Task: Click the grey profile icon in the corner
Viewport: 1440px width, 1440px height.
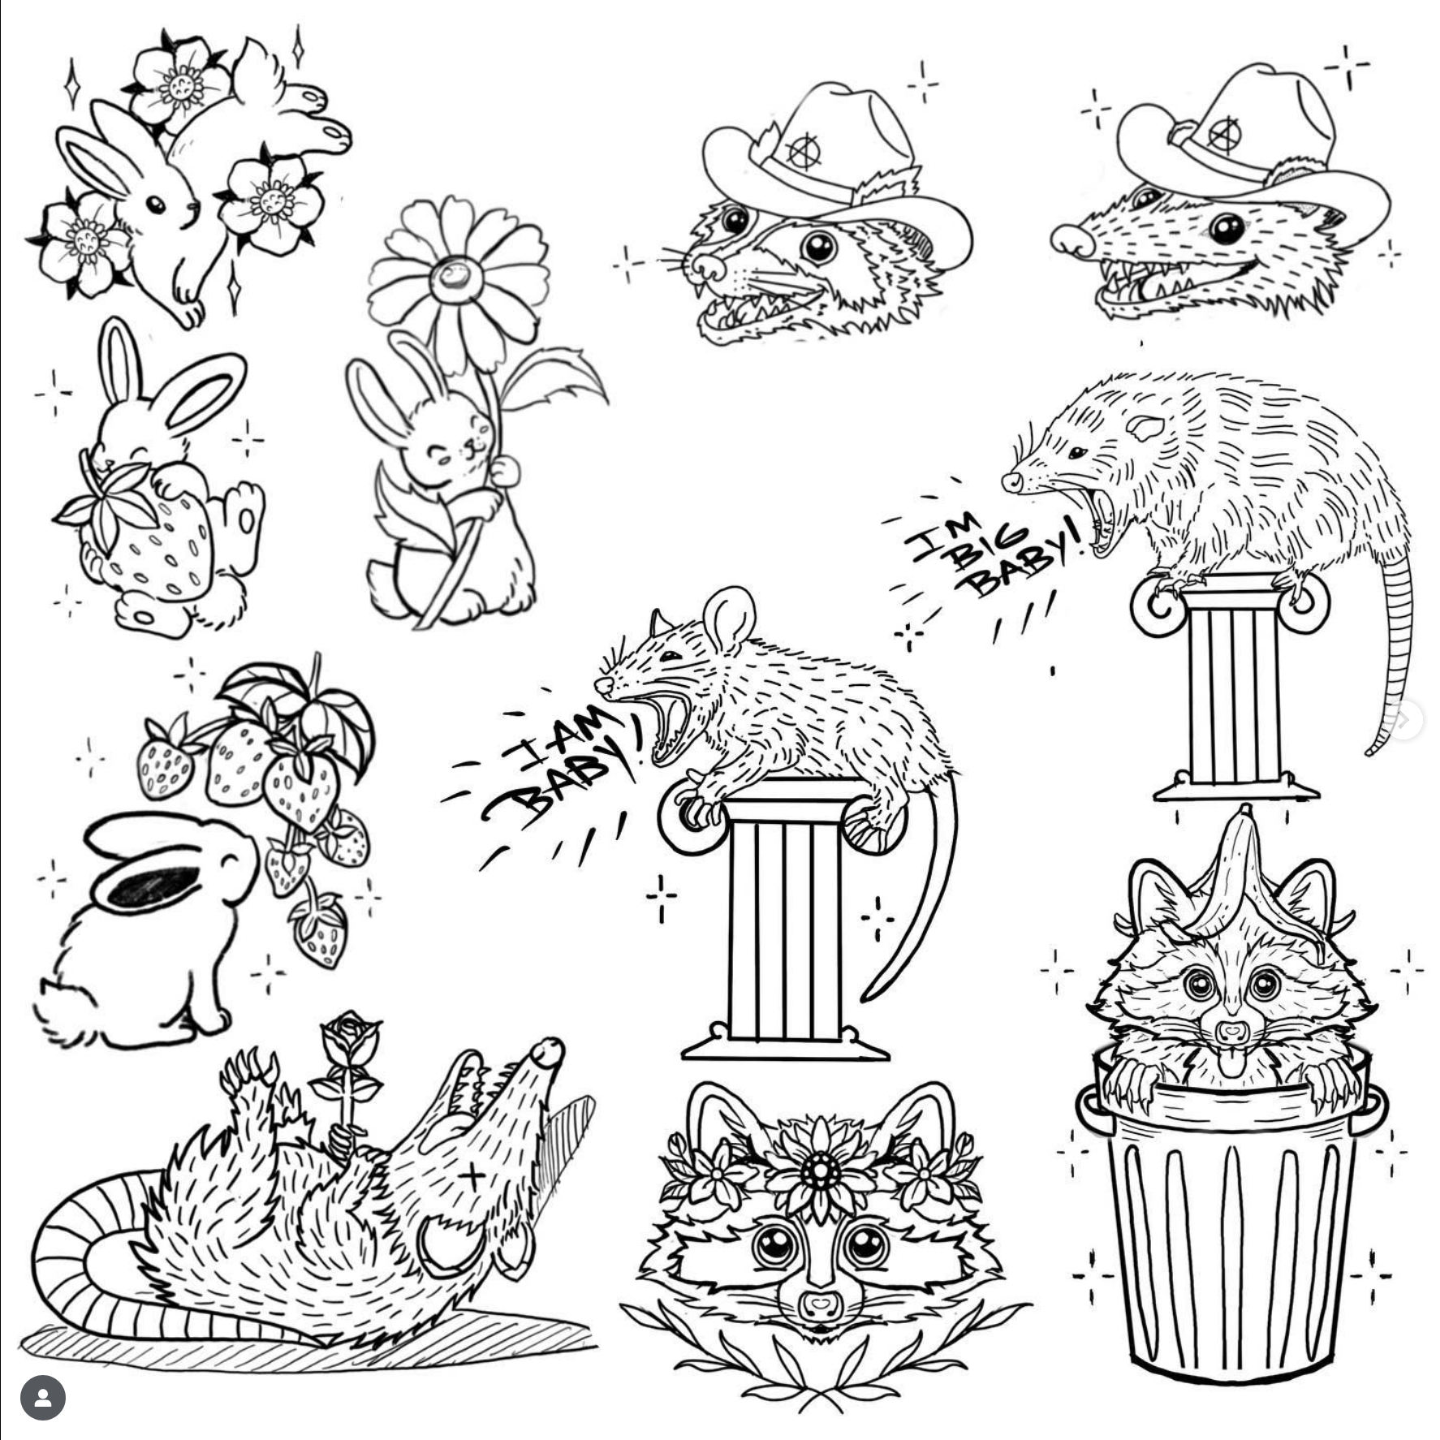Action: (42, 1398)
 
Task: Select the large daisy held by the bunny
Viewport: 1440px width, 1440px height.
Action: (457, 276)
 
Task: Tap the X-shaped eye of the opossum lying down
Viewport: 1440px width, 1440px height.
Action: (474, 1175)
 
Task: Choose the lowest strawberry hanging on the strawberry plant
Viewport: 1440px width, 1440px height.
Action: (321, 933)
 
